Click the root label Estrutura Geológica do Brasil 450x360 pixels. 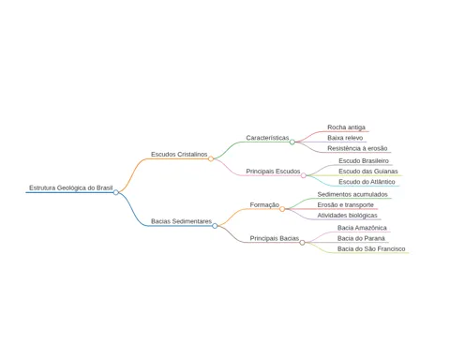(71, 187)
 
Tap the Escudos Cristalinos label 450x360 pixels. (179, 155)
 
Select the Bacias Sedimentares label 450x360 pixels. (181, 221)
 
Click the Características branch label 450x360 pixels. (267, 138)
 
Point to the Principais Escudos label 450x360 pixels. (273, 172)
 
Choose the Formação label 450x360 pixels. (264, 204)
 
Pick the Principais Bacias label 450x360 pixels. (274, 238)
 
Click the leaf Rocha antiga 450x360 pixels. (346, 127)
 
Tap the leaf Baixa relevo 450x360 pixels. (345, 138)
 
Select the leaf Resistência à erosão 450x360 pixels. (357, 148)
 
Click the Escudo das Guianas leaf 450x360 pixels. (368, 172)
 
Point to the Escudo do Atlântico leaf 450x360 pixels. (367, 182)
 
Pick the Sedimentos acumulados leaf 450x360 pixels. (352, 194)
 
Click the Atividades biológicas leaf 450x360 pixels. (347, 216)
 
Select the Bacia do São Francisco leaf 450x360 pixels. (371, 248)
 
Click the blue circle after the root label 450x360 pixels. (116, 192)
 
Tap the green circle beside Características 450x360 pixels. (292, 142)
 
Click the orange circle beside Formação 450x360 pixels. (282, 209)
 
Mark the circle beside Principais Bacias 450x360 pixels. (302, 243)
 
